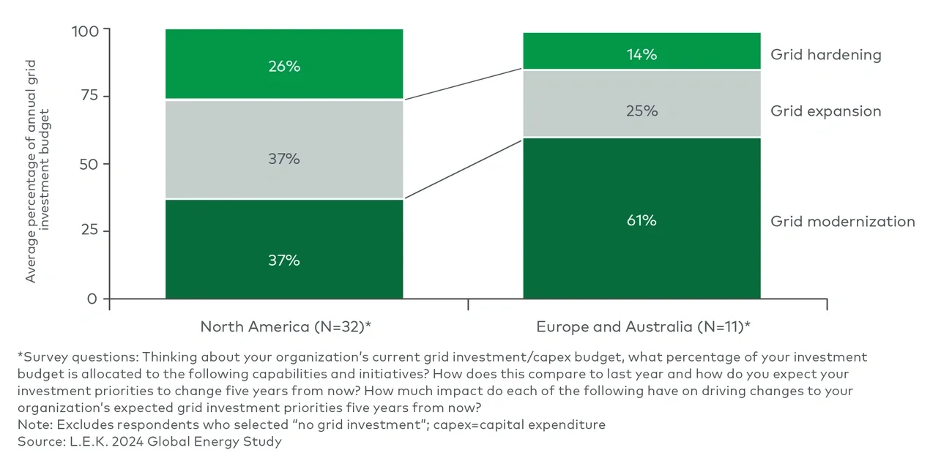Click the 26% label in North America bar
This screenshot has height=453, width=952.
283,67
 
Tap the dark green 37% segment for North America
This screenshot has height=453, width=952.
283,249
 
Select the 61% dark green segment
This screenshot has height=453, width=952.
641,219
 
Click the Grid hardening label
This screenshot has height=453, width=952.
825,55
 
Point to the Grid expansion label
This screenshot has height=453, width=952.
825,111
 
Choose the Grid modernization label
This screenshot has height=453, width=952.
842,221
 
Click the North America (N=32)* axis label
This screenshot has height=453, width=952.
286,326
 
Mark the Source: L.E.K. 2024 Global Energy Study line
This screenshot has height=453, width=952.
149,441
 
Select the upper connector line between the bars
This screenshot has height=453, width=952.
463,84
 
